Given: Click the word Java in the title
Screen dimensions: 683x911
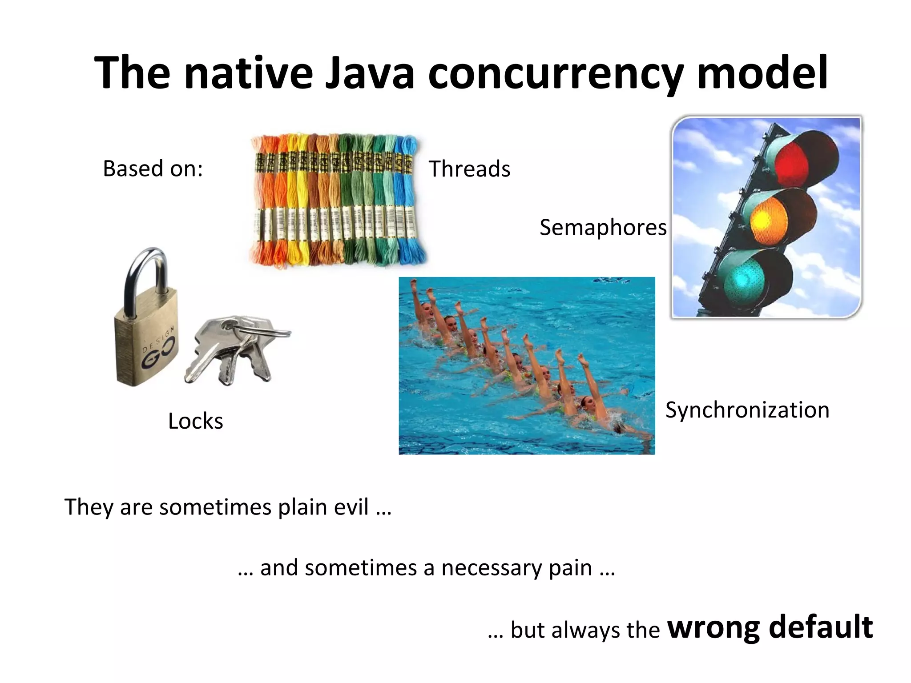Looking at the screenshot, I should click(x=370, y=72).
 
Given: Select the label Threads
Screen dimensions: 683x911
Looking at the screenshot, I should click(x=469, y=169).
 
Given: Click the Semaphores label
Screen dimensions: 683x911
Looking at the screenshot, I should click(x=603, y=228).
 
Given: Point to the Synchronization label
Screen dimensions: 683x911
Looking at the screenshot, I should click(x=747, y=410).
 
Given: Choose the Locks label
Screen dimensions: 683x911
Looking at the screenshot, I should click(x=195, y=421).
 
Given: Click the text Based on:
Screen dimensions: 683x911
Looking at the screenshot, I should click(x=153, y=169).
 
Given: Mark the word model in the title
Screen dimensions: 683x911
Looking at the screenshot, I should click(x=762, y=72).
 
